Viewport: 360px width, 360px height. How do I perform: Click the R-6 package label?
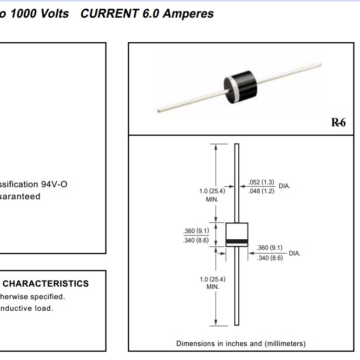coord(338,123)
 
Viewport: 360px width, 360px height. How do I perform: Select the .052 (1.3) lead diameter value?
coord(262,183)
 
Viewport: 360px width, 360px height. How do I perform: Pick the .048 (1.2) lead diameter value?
coord(262,190)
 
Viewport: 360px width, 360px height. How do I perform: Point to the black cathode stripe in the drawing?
coord(236,241)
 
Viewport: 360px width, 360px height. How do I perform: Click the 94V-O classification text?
coord(54,184)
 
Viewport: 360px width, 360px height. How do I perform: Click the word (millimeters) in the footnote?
coord(285,344)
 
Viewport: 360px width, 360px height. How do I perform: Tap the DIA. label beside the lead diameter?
coord(284,186)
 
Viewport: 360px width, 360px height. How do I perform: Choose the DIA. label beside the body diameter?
coord(295,253)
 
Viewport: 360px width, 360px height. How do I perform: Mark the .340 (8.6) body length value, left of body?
coord(196,241)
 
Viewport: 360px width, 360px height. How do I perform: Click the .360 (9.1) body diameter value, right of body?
coord(269,248)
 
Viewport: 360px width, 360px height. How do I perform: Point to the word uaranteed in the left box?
coord(20,196)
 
